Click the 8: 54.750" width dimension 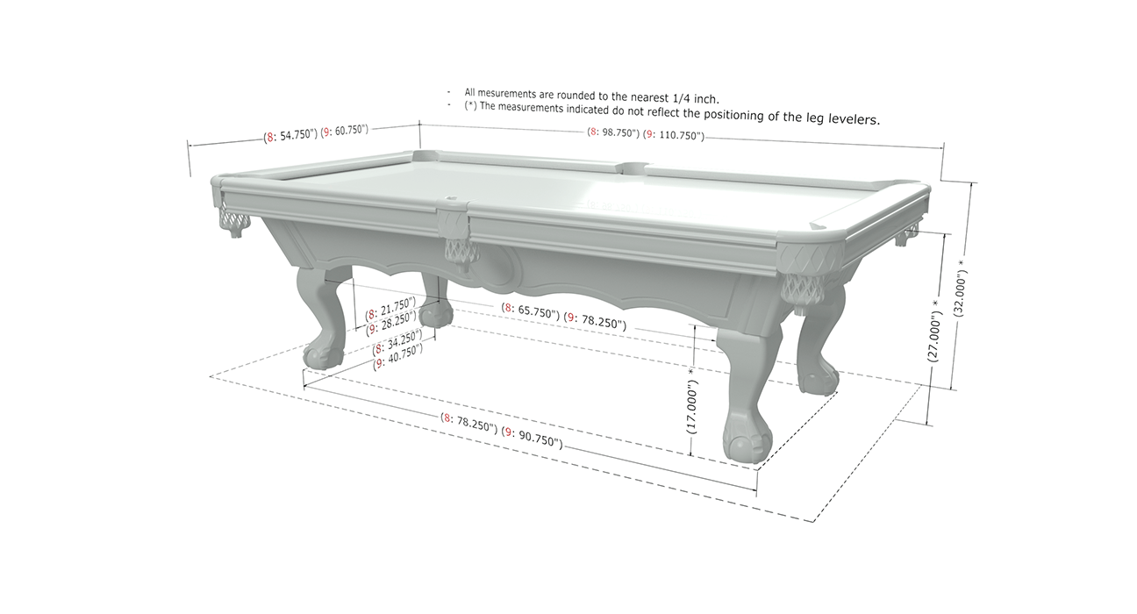click(x=290, y=135)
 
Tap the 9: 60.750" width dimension click(x=344, y=131)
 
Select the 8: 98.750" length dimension click(x=613, y=132)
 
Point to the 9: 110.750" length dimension click(x=674, y=135)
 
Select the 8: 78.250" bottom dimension click(x=468, y=422)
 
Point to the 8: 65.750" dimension click(x=531, y=311)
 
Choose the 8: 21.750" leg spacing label click(x=390, y=308)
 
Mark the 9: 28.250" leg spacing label click(x=391, y=323)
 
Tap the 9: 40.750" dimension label click(x=398, y=357)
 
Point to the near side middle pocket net click(x=461, y=250)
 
